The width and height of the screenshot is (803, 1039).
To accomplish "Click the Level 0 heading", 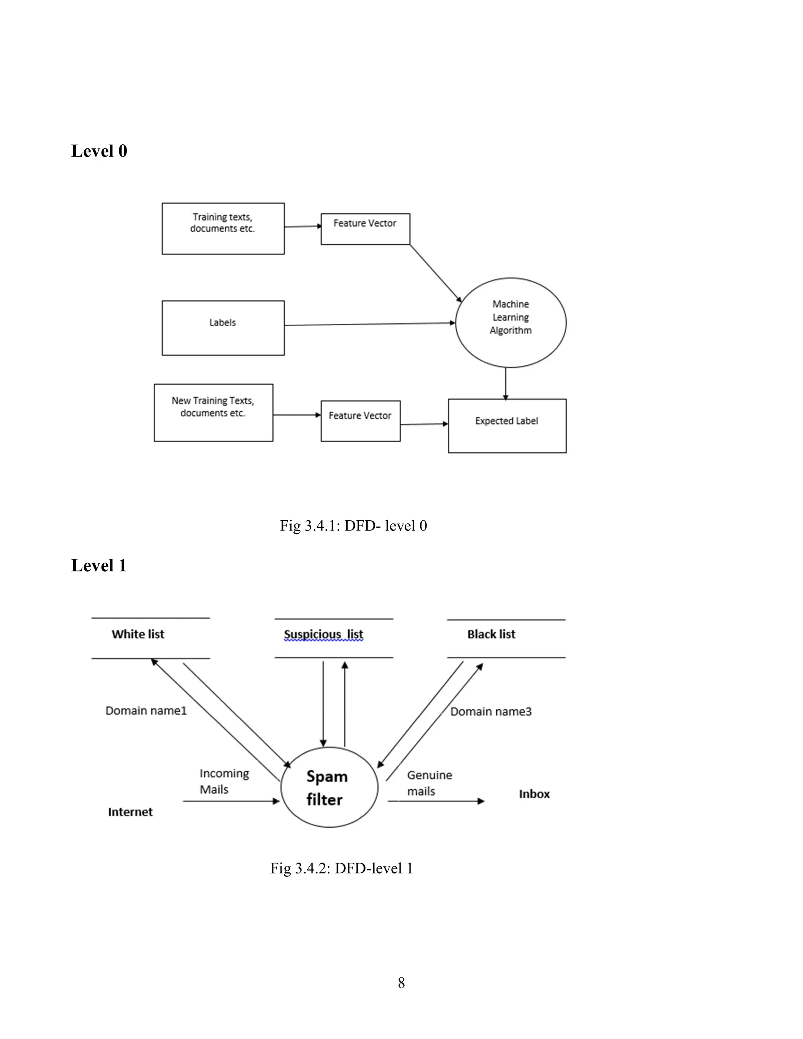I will coord(99,151).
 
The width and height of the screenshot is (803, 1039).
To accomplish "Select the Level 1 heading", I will coord(99,566).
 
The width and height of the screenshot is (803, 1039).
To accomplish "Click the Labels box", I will coord(223,327).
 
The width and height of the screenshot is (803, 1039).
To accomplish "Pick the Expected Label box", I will coord(507,425).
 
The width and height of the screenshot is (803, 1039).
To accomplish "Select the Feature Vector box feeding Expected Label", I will coord(360,421).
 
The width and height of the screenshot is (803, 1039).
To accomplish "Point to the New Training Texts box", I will coord(213,412).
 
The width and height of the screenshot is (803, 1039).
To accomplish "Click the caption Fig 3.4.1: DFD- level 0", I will coord(353,526).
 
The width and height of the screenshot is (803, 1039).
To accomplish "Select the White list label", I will coord(138,634).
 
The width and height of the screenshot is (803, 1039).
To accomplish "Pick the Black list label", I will coord(491,634).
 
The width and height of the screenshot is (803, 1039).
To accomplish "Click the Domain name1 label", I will coord(146,711).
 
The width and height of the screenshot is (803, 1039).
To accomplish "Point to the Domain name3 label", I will coord(491,712).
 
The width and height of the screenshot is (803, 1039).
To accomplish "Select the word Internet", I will coord(130,812).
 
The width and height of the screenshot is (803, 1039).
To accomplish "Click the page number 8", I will coord(401,983).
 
